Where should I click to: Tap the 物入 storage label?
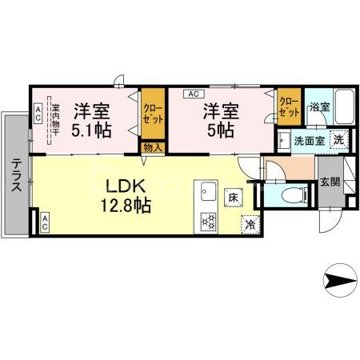[150, 147]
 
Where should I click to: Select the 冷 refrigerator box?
[250, 225]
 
